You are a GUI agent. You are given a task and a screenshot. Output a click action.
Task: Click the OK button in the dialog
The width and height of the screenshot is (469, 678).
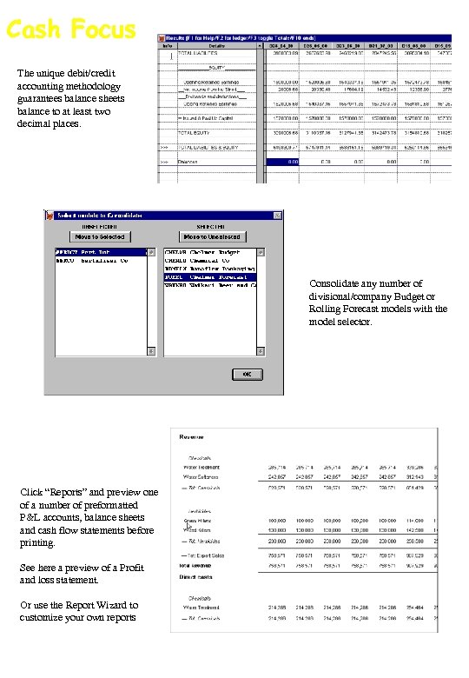point(247,373)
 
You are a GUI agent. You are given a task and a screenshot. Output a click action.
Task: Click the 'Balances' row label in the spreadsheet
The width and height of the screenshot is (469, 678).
point(188,161)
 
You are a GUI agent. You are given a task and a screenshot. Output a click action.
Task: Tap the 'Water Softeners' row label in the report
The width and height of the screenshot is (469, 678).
point(201,477)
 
